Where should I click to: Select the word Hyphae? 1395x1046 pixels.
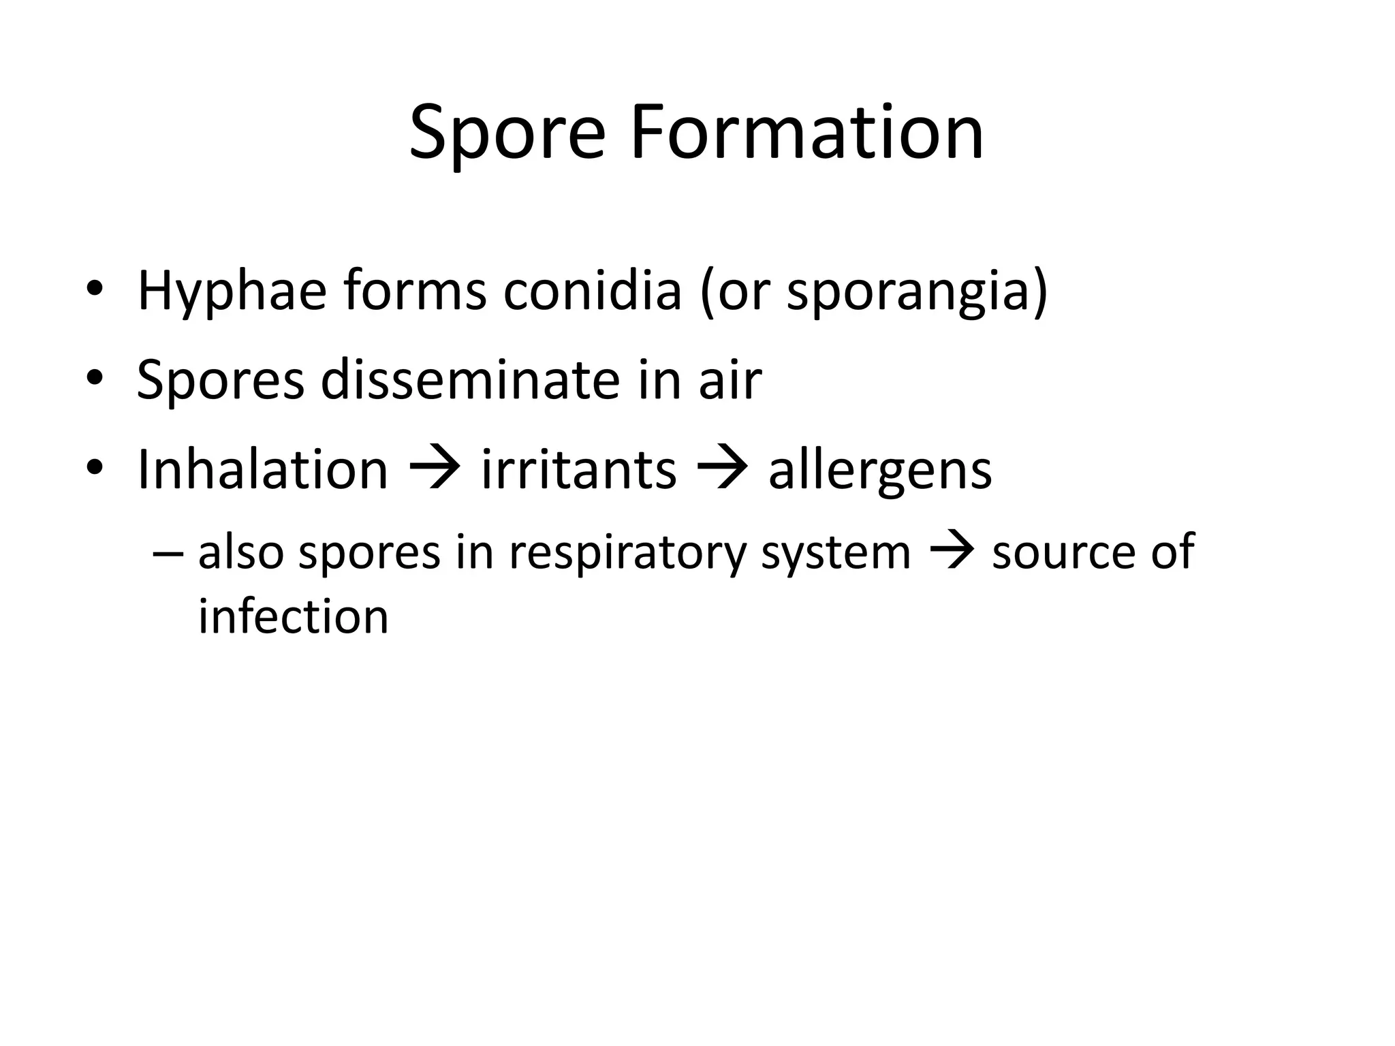coord(232,291)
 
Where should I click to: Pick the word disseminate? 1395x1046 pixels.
coord(470,380)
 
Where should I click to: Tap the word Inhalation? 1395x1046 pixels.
coord(262,469)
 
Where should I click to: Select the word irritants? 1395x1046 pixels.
coord(579,469)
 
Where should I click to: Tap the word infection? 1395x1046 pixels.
coord(293,616)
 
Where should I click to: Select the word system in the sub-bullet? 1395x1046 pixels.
coord(835,554)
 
